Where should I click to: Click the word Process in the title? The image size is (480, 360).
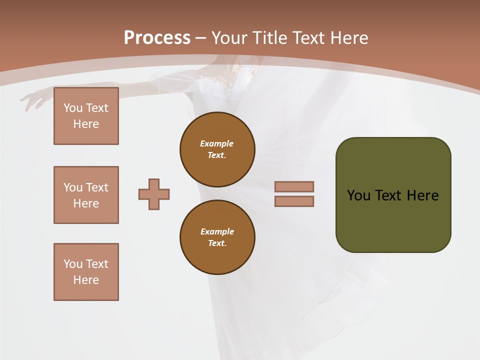pos(157,38)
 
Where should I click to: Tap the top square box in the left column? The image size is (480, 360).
pos(86,116)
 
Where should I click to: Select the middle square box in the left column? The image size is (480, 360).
pos(86,195)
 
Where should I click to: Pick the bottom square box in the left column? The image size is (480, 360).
pos(86,272)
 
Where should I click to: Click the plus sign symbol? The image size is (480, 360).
pos(154,194)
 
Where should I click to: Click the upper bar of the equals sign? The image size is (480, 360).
pos(294,187)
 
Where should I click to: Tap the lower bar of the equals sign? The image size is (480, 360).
pos(294,201)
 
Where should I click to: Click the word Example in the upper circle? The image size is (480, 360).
pos(217,143)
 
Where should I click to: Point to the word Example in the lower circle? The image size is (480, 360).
pos(217,231)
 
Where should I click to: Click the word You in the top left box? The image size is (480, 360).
pos(72,108)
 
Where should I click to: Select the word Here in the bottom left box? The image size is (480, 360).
pos(86,280)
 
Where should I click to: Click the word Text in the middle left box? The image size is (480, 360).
pos(96,187)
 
